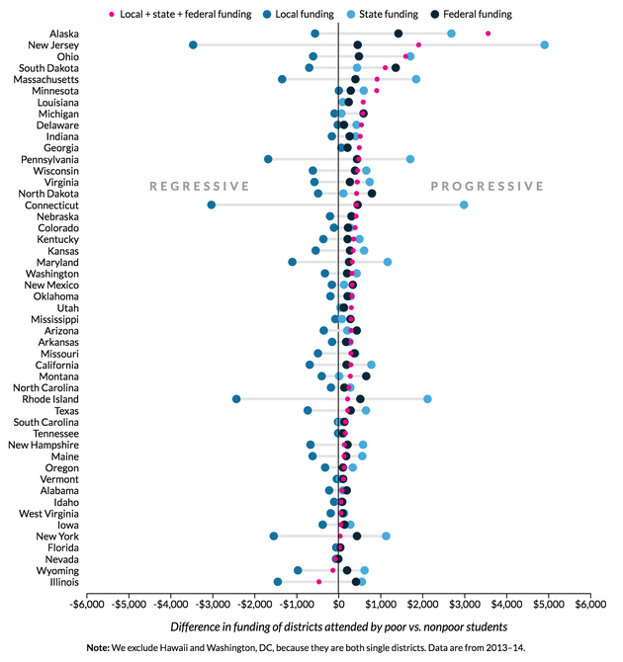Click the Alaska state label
(64, 34)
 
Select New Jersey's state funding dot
(545, 45)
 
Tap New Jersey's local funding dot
(193, 45)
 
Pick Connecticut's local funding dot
(212, 205)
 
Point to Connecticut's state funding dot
(464, 205)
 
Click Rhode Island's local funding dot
(236, 399)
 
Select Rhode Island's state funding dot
(427, 399)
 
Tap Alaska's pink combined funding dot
(489, 34)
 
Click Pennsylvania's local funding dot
(268, 159)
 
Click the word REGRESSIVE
(200, 186)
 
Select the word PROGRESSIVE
(487, 186)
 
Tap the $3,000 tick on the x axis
(464, 603)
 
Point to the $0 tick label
(338, 603)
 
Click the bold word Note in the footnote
(103, 648)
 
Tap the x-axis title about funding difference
(338, 626)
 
